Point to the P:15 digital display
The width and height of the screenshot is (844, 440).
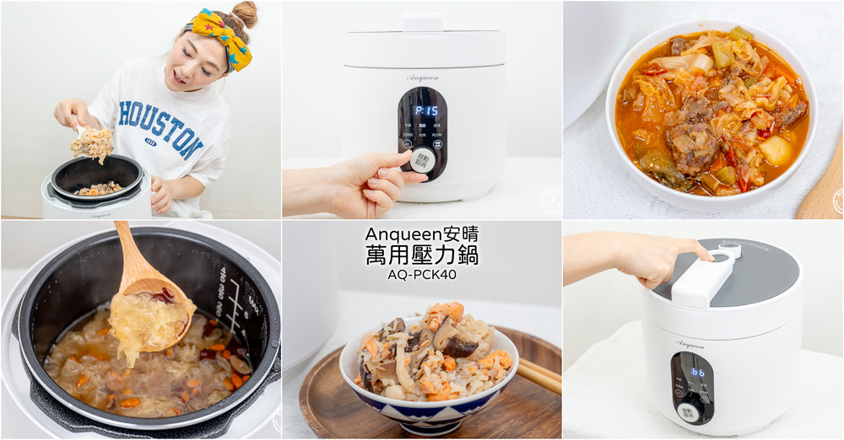[426, 110]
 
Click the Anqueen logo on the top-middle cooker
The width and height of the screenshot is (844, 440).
[422, 78]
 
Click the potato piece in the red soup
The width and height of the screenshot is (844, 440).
[774, 152]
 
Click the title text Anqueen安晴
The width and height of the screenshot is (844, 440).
[422, 234]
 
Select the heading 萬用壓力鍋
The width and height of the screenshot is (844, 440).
[422, 255]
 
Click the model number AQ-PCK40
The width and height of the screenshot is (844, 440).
[422, 274]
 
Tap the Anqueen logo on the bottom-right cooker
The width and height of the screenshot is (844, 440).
[690, 344]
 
